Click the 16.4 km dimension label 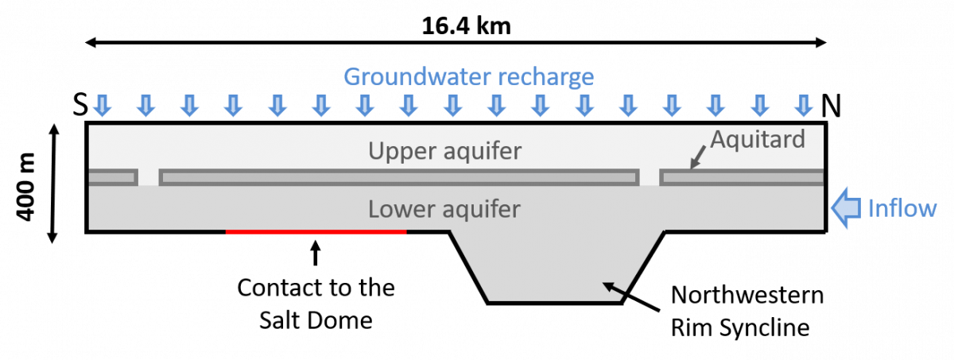(x=466, y=26)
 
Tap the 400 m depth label (x=25, y=188)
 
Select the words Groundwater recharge (x=468, y=77)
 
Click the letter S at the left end (x=80, y=104)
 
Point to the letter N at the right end (x=831, y=106)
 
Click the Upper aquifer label (x=444, y=151)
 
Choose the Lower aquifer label (x=444, y=209)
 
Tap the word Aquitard (x=758, y=139)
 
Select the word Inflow (x=902, y=208)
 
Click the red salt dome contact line (x=316, y=232)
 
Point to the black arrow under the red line (x=315, y=254)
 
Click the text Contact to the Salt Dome (x=316, y=304)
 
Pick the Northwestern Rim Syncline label (x=747, y=311)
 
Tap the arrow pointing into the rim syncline (x=631, y=296)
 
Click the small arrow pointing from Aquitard (x=698, y=157)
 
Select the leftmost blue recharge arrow (x=103, y=106)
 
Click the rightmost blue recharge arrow (x=804, y=106)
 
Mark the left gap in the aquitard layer (x=149, y=177)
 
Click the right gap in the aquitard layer (x=650, y=177)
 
